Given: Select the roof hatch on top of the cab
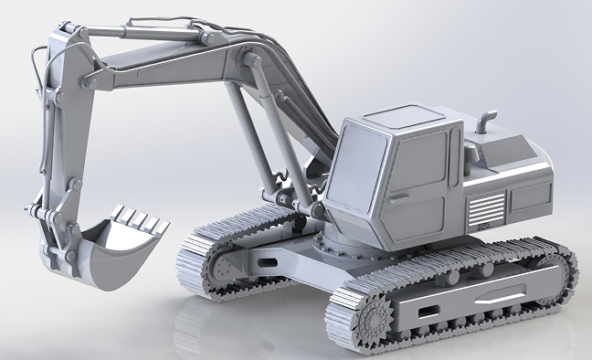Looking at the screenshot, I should tap(400, 116).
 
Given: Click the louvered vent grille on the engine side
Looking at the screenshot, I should tap(485, 211).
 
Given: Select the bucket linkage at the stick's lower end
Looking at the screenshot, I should tap(55, 228).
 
